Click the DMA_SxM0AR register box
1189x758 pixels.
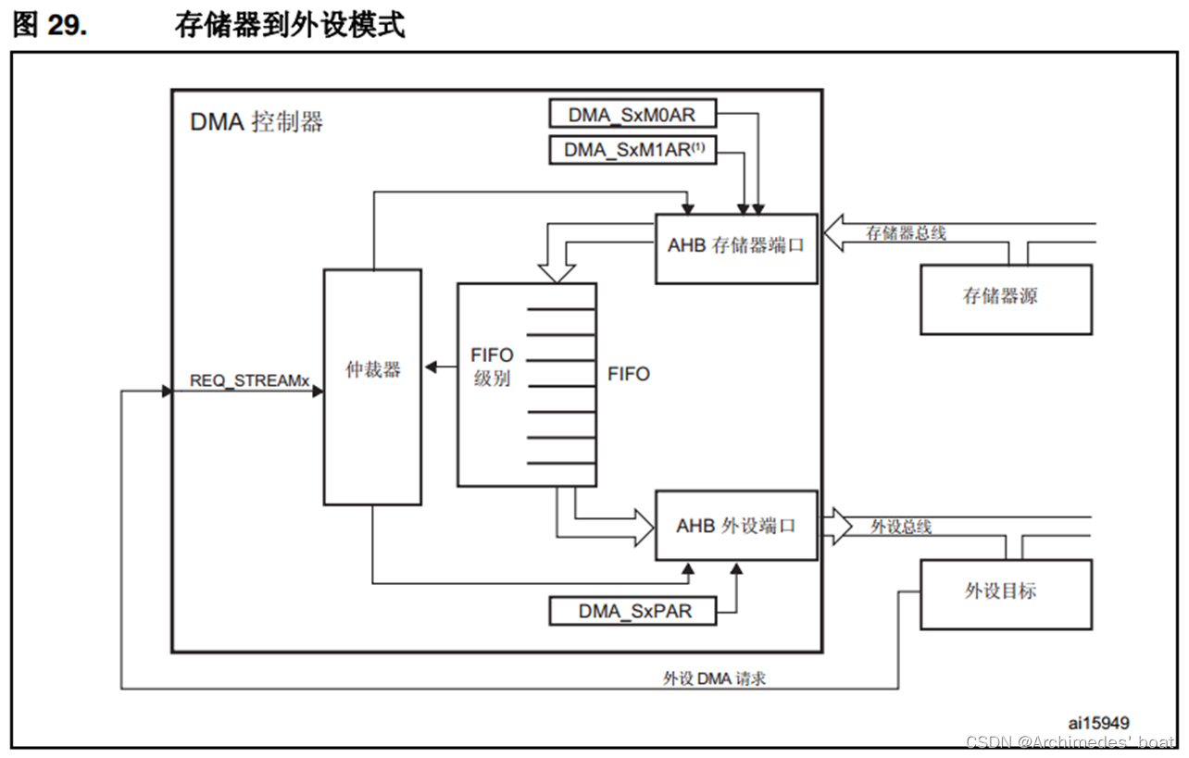tap(632, 115)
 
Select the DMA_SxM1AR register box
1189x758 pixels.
tap(632, 150)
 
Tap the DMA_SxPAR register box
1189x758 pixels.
tap(633, 612)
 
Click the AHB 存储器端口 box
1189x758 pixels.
tap(736, 247)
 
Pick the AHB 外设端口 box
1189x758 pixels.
tap(736, 526)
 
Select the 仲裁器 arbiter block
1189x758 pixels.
tap(372, 386)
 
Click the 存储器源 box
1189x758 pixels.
tap(1005, 299)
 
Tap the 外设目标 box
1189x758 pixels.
tap(1005, 593)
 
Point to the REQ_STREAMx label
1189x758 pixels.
tap(249, 380)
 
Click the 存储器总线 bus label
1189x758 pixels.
tap(906, 233)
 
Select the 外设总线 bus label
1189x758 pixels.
tap(900, 527)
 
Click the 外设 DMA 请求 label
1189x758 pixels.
tap(714, 678)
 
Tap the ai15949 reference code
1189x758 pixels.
tap(1097, 723)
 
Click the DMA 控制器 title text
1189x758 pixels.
tap(257, 122)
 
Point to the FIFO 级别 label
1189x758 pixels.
tap(492, 367)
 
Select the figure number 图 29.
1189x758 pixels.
tap(50, 25)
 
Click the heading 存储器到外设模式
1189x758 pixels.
tap(290, 25)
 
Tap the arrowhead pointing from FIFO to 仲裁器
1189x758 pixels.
tap(431, 367)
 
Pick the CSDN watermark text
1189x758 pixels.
tap(1070, 742)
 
